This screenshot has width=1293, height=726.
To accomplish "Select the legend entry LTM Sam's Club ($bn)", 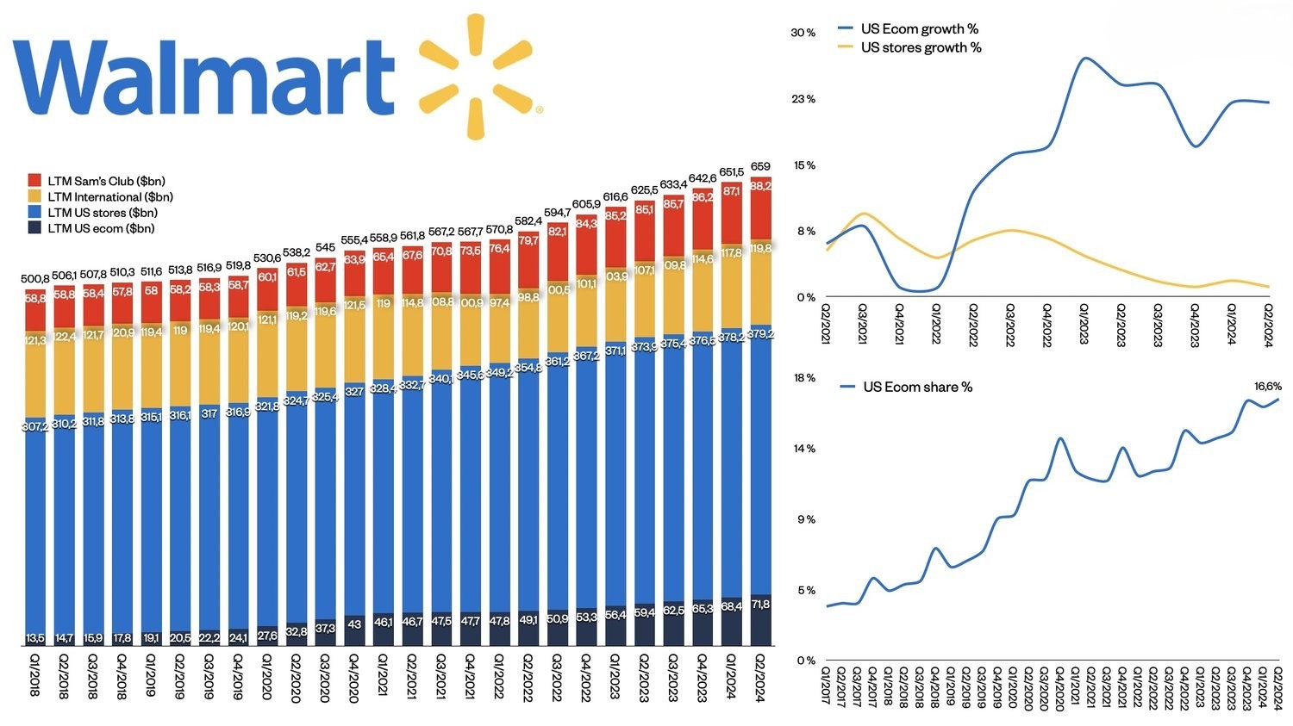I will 105,181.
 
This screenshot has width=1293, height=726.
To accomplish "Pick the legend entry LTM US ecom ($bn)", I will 100,228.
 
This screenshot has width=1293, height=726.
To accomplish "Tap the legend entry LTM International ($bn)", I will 109,196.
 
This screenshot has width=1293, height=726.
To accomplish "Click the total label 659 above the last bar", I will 760,166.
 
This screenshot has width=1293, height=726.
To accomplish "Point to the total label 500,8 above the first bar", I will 35,278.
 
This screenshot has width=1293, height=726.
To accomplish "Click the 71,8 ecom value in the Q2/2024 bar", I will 760,605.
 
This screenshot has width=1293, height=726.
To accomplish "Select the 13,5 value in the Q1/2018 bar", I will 35,638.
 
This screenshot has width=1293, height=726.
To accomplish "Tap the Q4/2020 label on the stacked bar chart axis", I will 353,678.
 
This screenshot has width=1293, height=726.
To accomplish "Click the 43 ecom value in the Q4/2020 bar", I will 353,624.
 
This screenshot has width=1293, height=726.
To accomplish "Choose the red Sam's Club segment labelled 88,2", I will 760,186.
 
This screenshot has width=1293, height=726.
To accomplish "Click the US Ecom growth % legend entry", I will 919,29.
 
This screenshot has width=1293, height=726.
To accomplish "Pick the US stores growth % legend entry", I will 921,47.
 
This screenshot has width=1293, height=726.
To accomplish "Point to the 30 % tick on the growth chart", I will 803,33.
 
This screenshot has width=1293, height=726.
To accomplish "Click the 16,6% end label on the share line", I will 1267,387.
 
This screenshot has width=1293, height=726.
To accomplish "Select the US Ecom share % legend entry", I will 917,387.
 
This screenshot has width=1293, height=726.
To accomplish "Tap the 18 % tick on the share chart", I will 804,378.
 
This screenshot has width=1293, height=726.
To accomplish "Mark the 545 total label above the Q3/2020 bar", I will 325,247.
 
